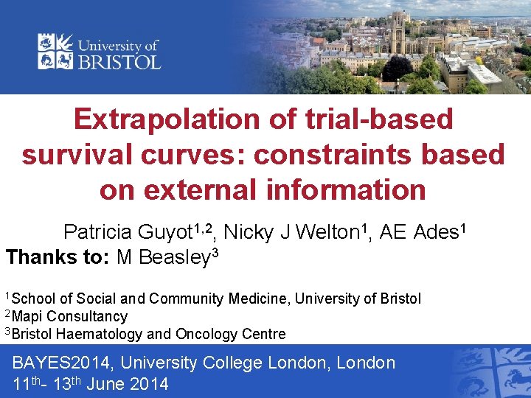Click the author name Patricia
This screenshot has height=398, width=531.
[x=98, y=233]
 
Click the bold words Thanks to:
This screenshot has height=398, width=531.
[x=56, y=258]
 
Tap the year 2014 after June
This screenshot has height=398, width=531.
[x=148, y=384]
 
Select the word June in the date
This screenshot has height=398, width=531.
[x=106, y=384]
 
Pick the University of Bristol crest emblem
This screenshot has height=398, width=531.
[x=55, y=51]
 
